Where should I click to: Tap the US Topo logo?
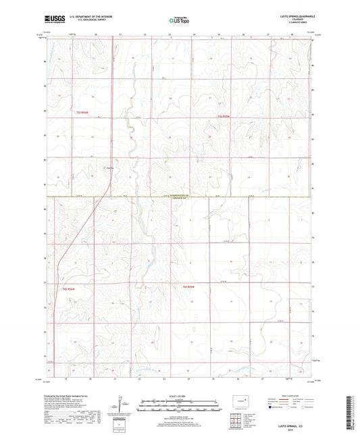pyautogui.click(x=180, y=21)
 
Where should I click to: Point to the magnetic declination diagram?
pyautogui.click(x=120, y=405)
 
